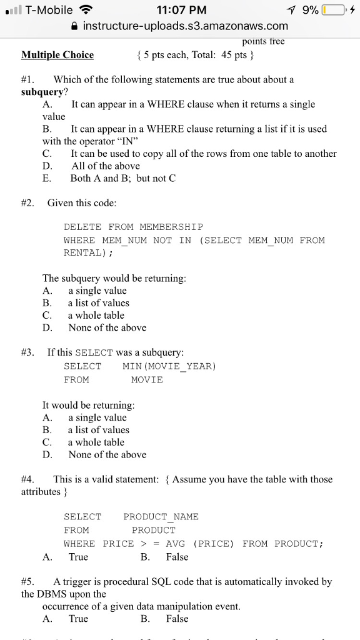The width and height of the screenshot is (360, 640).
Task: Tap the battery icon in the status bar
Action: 335,10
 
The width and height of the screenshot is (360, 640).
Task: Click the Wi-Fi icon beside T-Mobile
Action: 86,10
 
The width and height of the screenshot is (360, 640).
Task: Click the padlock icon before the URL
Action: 76,26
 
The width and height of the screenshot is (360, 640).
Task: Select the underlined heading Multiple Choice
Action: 57,55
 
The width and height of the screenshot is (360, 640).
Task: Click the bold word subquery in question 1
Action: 42,92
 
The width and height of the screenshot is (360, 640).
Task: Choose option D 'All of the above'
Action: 106,166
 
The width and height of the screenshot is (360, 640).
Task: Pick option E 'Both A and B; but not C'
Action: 123,178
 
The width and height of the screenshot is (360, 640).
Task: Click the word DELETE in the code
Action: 83,227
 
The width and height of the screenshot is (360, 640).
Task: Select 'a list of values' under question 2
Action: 99,303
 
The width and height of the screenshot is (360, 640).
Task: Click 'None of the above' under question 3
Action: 107,454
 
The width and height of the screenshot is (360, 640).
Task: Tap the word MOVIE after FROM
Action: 147,380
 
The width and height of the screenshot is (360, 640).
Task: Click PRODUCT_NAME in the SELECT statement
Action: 161,517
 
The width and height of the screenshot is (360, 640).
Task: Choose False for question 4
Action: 177,557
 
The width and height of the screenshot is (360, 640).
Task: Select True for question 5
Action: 78,619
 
